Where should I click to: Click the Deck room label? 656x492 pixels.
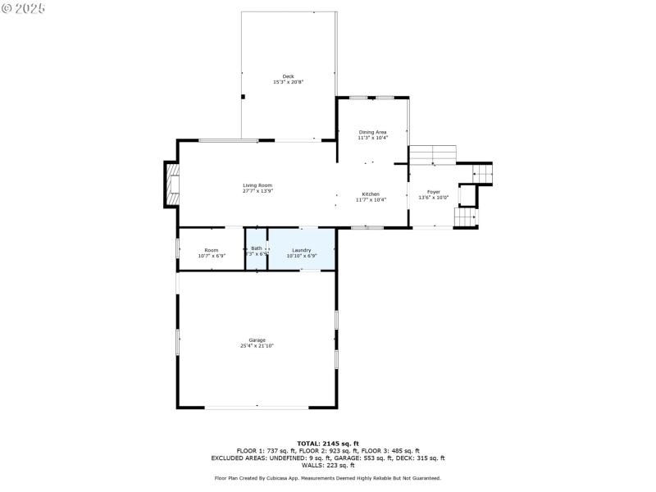(x=288, y=76)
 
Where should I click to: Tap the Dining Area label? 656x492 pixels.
(x=372, y=132)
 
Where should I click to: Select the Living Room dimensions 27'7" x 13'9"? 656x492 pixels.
(x=257, y=191)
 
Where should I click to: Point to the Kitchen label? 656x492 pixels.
(x=371, y=194)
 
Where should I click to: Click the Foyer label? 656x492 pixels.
(x=433, y=192)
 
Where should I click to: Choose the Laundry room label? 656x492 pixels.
(x=302, y=250)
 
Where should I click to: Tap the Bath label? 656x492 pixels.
(x=257, y=248)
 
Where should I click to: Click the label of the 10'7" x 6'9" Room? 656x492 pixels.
(x=212, y=250)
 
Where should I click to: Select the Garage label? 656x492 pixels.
(x=257, y=340)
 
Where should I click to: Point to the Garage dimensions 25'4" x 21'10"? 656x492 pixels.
(x=257, y=346)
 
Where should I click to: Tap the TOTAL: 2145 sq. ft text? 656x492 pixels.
(x=327, y=444)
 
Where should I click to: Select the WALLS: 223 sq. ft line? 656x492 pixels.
(x=327, y=466)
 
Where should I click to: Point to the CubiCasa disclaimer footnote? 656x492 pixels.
(x=327, y=478)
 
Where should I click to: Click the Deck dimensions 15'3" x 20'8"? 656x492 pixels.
(x=288, y=82)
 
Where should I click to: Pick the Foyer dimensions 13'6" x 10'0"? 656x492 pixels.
(x=433, y=198)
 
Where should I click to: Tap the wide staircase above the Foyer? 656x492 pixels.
(x=432, y=154)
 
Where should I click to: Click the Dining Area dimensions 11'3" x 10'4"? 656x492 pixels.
(x=372, y=138)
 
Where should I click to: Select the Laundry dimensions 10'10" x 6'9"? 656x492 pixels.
(x=302, y=256)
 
